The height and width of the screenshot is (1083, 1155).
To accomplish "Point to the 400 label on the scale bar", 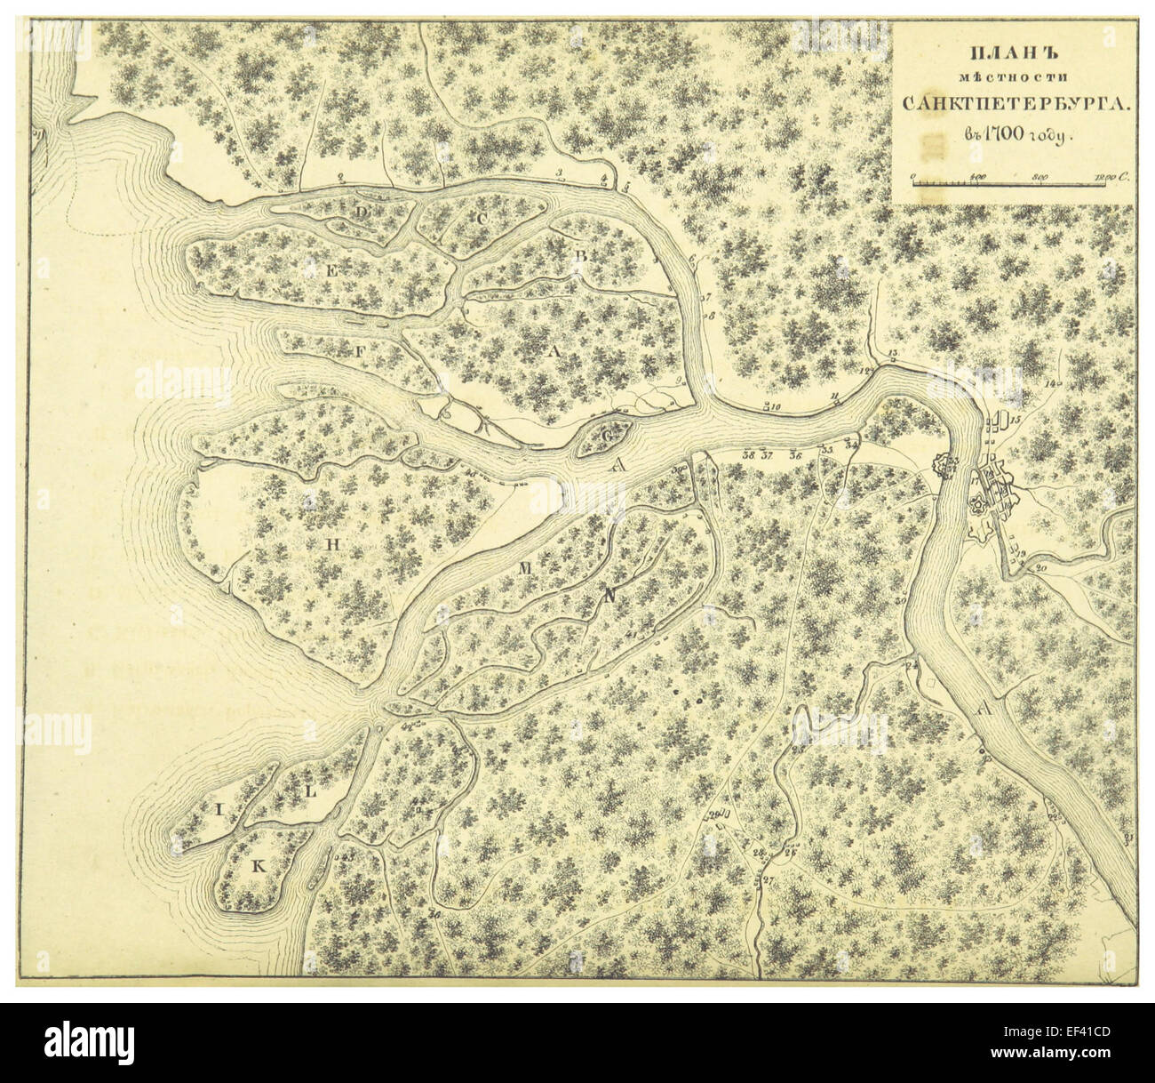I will pyautogui.click(x=979, y=176).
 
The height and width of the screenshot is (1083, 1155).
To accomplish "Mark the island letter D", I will pyautogui.click(x=362, y=213).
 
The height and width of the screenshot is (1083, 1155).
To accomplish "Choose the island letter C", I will pyautogui.click(x=482, y=218).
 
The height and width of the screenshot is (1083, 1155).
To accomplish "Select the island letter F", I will pyautogui.click(x=360, y=351).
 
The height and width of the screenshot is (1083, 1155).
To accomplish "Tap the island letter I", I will pyautogui.click(x=217, y=809).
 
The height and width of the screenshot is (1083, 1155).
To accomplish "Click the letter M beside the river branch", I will pyautogui.click(x=524, y=567).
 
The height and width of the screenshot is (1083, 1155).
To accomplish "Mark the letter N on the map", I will pyautogui.click(x=609, y=598).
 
